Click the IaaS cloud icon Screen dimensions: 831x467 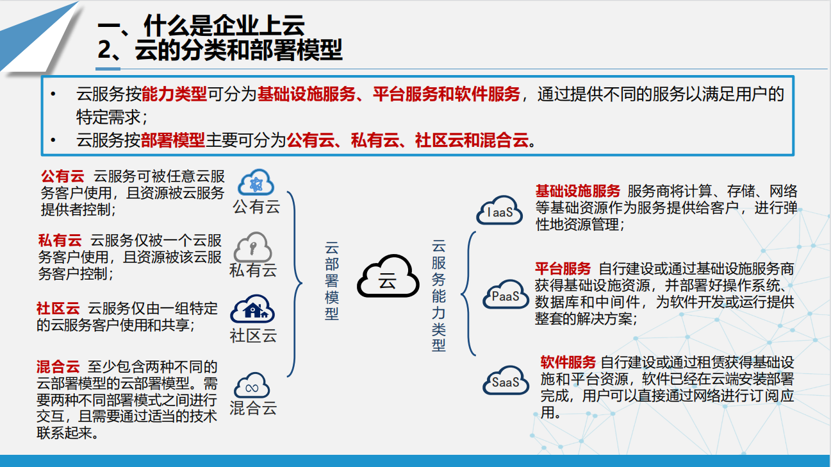pyautogui.click(x=499, y=210)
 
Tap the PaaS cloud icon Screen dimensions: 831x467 pyautogui.click(x=506, y=294)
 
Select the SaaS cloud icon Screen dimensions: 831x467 pyautogui.click(x=506, y=380)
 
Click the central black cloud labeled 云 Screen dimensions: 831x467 pyautogui.click(x=388, y=276)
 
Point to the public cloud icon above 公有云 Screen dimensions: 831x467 pyautogui.click(x=256, y=182)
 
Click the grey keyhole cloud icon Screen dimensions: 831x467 pyautogui.click(x=252, y=247)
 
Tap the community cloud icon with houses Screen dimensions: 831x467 pyautogui.click(x=252, y=309)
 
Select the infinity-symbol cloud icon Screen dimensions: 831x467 pyautogui.click(x=252, y=386)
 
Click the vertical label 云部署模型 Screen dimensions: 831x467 pyautogui.click(x=332, y=281)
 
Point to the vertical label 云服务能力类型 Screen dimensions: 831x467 pyautogui.click(x=438, y=296)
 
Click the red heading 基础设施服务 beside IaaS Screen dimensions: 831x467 pyautogui.click(x=578, y=191)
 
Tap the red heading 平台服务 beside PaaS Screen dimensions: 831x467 pyautogui.click(x=563, y=268)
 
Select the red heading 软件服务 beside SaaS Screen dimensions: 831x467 pyautogui.click(x=568, y=362)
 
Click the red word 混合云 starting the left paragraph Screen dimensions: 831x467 pyautogui.click(x=58, y=367)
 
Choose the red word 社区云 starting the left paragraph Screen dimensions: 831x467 pyautogui.click(x=58, y=309)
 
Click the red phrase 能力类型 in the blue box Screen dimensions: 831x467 pyautogui.click(x=174, y=94)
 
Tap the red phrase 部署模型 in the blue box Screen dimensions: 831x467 pyautogui.click(x=173, y=140)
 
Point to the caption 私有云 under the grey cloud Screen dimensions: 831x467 pyautogui.click(x=253, y=270)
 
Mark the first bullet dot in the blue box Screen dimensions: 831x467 pyautogui.click(x=53, y=94)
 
